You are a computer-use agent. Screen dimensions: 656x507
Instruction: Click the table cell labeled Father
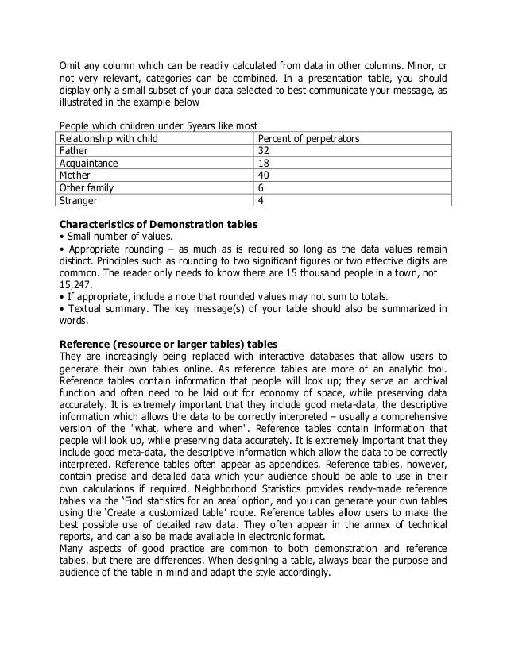[x=77, y=151]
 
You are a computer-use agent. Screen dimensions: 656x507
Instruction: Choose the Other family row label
[x=87, y=189]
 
